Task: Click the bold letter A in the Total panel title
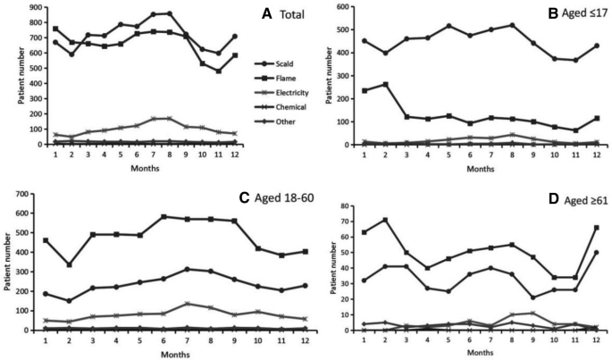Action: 266,14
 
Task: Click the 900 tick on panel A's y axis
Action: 35,7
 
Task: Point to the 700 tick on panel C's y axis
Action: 35,194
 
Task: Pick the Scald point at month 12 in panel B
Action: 595,46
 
